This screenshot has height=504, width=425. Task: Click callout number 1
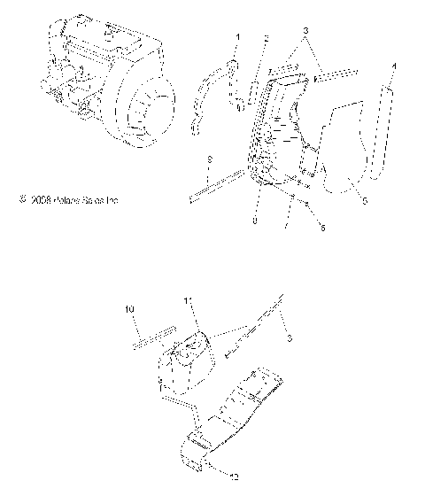[x=236, y=38]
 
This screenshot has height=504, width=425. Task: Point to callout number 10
[x=129, y=308]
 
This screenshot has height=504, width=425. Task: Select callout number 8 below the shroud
[x=256, y=222]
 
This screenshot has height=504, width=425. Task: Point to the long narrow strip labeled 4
[x=387, y=137]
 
